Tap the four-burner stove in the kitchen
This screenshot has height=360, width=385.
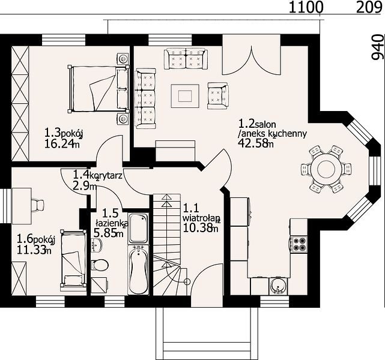(299, 244)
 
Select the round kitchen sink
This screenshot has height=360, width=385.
(278, 286)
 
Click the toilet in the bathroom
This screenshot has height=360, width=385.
(100, 265)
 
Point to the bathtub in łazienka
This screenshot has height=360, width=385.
(139, 269)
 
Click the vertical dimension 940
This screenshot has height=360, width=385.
(378, 47)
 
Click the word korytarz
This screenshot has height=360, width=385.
(106, 176)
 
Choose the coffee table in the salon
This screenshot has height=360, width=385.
(185, 96)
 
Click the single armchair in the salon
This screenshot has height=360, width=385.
(218, 95)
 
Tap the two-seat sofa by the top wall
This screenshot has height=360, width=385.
(186, 58)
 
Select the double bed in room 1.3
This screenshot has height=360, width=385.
(99, 89)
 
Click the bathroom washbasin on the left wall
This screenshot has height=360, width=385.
(97, 245)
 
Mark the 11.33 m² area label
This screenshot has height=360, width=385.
(34, 250)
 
